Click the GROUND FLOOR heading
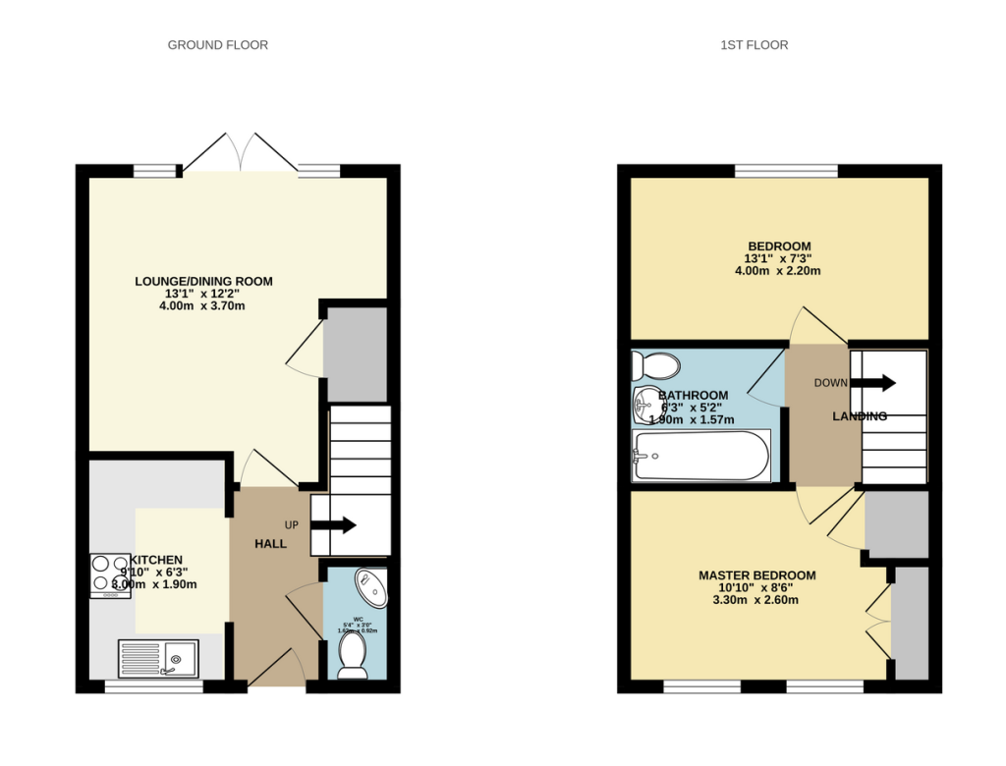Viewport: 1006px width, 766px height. click(x=217, y=45)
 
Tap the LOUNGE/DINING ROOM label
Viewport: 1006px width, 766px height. click(x=203, y=282)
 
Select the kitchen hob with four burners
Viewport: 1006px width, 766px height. click(x=110, y=575)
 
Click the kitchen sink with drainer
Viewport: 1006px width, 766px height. click(x=157, y=658)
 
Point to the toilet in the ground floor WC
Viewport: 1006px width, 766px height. click(x=351, y=654)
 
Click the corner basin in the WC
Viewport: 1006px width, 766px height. click(x=371, y=587)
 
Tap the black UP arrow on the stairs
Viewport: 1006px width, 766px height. click(x=334, y=524)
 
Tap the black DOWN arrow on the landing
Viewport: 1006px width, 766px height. click(x=874, y=382)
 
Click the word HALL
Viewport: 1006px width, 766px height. click(x=270, y=544)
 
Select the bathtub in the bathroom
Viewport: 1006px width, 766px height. click(x=700, y=456)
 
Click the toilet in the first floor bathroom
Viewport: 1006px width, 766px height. click(x=655, y=366)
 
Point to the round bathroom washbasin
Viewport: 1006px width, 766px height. click(x=649, y=402)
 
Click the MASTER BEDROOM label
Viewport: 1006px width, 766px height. click(x=756, y=575)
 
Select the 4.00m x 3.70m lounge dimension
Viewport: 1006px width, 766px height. click(x=203, y=306)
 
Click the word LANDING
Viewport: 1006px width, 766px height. click(x=860, y=416)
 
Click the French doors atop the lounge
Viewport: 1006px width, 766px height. click(x=241, y=154)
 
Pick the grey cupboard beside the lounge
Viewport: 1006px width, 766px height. click(x=356, y=354)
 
